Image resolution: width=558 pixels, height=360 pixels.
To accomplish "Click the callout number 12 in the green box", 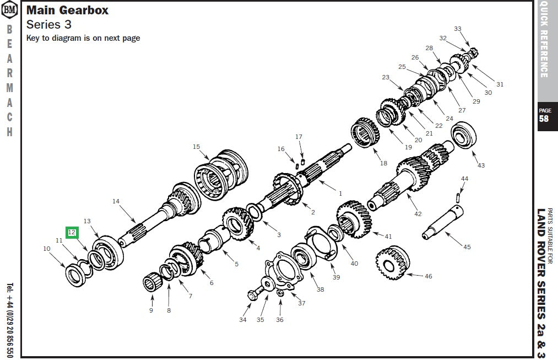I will coord(72,233).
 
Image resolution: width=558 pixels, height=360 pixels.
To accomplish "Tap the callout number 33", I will coord(458,29).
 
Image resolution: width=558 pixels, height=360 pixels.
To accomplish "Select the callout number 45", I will coord(467,247).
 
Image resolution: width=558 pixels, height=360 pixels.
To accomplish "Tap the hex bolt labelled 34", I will coord(251,295).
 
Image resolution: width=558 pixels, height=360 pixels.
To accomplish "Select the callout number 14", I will coord(116,201).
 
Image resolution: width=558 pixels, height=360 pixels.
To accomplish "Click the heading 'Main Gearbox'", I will coord(67,10).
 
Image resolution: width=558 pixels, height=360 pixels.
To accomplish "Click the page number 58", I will coord(544,119).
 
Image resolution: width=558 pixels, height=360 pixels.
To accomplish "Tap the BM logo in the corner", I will coord(10,9).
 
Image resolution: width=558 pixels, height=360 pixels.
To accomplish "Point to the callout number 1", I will coord(340,194).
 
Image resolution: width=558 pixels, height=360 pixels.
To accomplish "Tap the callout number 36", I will coord(280,320).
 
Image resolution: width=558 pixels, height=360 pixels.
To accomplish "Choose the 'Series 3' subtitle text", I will coord(49,25).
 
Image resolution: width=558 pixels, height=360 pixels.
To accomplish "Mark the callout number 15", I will coord(196,147).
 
